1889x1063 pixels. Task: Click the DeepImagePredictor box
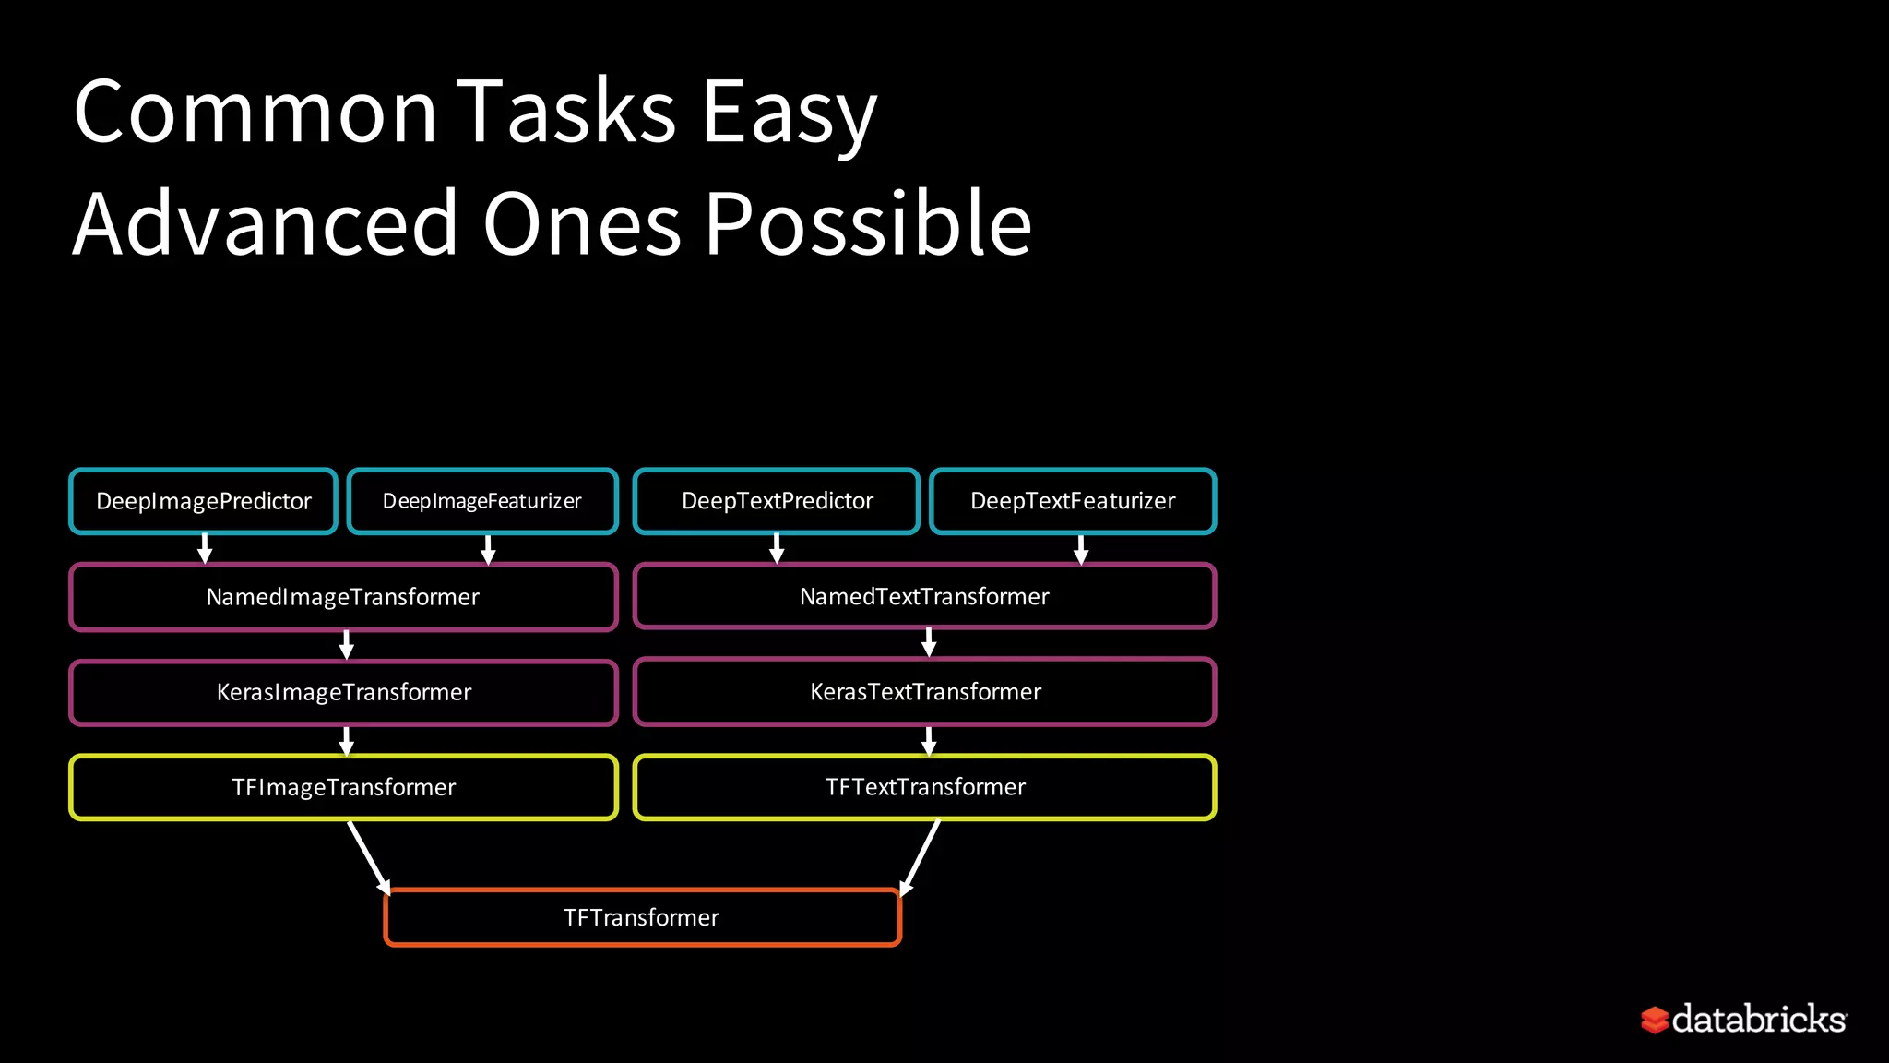point(204,501)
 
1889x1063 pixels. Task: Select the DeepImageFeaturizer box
point(482,501)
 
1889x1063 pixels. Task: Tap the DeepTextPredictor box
point(777,501)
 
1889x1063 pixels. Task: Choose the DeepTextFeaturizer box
point(1073,501)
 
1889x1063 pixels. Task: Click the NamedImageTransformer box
point(343,597)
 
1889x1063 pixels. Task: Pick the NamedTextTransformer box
point(924,596)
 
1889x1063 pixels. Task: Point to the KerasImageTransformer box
point(343,692)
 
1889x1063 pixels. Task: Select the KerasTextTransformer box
point(924,692)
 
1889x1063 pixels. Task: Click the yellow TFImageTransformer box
point(343,787)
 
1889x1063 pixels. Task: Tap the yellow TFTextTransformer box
point(924,787)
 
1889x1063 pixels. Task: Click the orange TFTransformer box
point(642,917)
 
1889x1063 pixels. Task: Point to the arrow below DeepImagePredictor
point(205,548)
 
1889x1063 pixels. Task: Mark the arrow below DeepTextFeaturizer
point(1081,548)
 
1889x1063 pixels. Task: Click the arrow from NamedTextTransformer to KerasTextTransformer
point(929,642)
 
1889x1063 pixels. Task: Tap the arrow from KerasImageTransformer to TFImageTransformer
point(347,740)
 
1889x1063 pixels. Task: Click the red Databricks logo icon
point(1655,1020)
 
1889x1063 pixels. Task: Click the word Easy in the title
point(789,113)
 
